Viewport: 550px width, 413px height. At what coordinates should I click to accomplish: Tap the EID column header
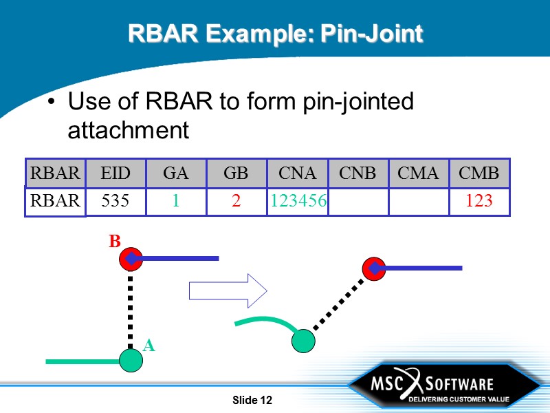115,173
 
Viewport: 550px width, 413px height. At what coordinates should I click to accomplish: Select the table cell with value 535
115,201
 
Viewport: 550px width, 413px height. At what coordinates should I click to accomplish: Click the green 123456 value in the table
298,201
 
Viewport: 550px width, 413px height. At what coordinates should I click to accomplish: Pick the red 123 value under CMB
478,201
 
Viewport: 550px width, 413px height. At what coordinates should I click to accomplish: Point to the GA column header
175,173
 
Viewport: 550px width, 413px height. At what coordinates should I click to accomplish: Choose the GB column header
236,173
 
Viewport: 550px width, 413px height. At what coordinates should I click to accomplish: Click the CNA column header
298,173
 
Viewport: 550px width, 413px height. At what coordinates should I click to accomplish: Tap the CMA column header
418,173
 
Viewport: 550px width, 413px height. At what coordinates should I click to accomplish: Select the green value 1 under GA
175,201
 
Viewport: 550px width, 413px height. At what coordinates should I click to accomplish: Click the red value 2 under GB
236,201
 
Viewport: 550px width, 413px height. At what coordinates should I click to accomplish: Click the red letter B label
115,242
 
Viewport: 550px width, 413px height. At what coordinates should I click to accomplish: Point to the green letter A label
149,346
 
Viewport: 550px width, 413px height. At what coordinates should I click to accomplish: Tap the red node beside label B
130,260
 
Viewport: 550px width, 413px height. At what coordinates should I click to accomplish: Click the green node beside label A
131,359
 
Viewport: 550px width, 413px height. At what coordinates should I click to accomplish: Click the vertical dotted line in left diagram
131,310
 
